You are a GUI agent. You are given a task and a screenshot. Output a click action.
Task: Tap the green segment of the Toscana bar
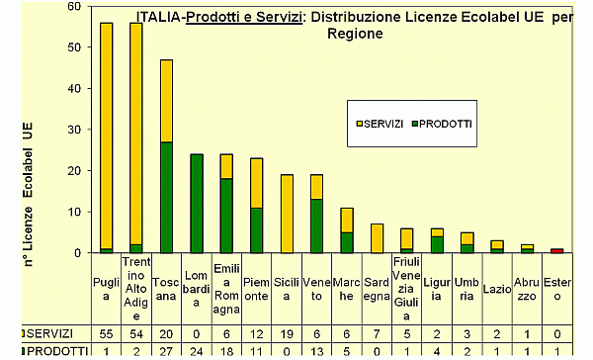pos(166,198)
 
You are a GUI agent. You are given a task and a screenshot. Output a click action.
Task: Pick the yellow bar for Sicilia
pos(286,214)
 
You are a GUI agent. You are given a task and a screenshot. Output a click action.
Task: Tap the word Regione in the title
pos(355,33)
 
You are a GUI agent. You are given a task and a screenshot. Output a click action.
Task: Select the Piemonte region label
pos(256,288)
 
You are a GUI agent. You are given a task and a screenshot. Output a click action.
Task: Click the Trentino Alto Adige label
pos(136,288)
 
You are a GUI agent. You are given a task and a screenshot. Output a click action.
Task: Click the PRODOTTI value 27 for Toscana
pos(166,352)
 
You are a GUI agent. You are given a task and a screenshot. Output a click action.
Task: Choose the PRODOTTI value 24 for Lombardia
pos(196,352)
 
